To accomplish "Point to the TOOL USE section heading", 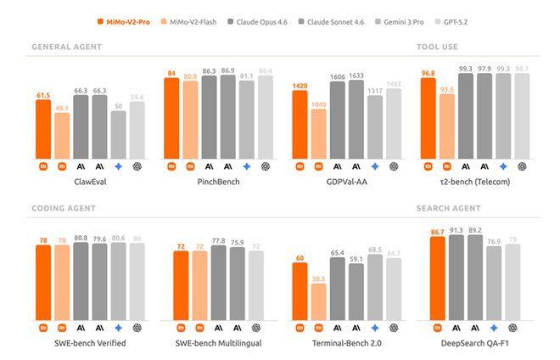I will tap(437, 47).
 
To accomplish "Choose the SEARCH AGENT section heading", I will tap(449, 207).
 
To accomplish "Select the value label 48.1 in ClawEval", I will tap(62, 108).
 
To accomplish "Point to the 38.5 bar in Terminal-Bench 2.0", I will tap(318, 301).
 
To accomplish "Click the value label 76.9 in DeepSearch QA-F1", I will tap(493, 241).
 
